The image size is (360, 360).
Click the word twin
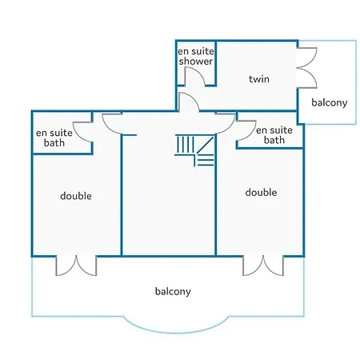click(x=259, y=79)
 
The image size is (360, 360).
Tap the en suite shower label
click(x=196, y=56)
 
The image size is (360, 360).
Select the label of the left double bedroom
click(x=76, y=196)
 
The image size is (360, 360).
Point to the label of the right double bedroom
click(x=261, y=192)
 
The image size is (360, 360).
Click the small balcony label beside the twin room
click(x=330, y=102)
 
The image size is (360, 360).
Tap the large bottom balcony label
click(x=173, y=291)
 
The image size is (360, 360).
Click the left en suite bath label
click(x=54, y=138)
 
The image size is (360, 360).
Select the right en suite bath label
click(x=274, y=135)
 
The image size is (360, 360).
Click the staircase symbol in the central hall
click(x=194, y=150)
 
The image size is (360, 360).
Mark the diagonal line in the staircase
click(x=206, y=145)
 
